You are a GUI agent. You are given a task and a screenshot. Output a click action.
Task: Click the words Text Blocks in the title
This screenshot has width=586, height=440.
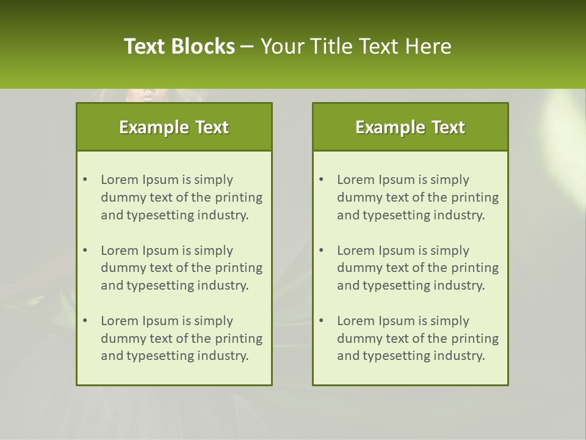179,46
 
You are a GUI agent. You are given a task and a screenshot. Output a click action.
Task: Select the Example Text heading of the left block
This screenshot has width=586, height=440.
174,127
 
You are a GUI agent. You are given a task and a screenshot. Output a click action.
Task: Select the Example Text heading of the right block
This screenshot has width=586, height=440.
410,127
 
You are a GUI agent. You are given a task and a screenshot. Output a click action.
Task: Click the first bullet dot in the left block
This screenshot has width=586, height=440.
85,180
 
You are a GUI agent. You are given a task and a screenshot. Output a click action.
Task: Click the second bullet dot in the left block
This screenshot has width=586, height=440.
85,251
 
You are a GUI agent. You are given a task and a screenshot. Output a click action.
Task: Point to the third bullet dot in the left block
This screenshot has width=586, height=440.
85,321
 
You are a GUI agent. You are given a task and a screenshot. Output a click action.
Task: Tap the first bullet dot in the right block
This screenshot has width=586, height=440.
322,180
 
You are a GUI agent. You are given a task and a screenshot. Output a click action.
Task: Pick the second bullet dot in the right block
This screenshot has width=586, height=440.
322,251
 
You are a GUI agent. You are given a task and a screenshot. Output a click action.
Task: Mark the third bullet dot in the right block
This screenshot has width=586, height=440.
322,321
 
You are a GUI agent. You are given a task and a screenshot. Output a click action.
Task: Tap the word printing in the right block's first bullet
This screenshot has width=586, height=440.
476,197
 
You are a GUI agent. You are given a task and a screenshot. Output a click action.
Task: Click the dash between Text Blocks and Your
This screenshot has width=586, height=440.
247,46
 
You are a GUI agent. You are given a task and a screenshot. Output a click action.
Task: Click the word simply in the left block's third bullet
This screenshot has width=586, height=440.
214,321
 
